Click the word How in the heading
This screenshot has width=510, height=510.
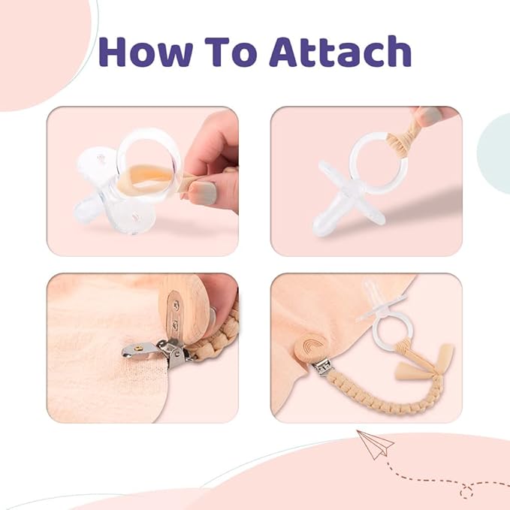coord(146,51)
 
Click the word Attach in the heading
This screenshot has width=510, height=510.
coord(340,51)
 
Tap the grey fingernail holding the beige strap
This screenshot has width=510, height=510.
coord(204,192)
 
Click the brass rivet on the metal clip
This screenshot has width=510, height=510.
coord(139,349)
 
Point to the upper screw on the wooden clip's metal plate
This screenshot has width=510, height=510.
coord(177,305)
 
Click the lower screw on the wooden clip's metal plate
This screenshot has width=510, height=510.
coord(175,325)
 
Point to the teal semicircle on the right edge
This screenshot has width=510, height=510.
coord(494,153)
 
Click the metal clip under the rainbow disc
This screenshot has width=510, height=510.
coord(322,368)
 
